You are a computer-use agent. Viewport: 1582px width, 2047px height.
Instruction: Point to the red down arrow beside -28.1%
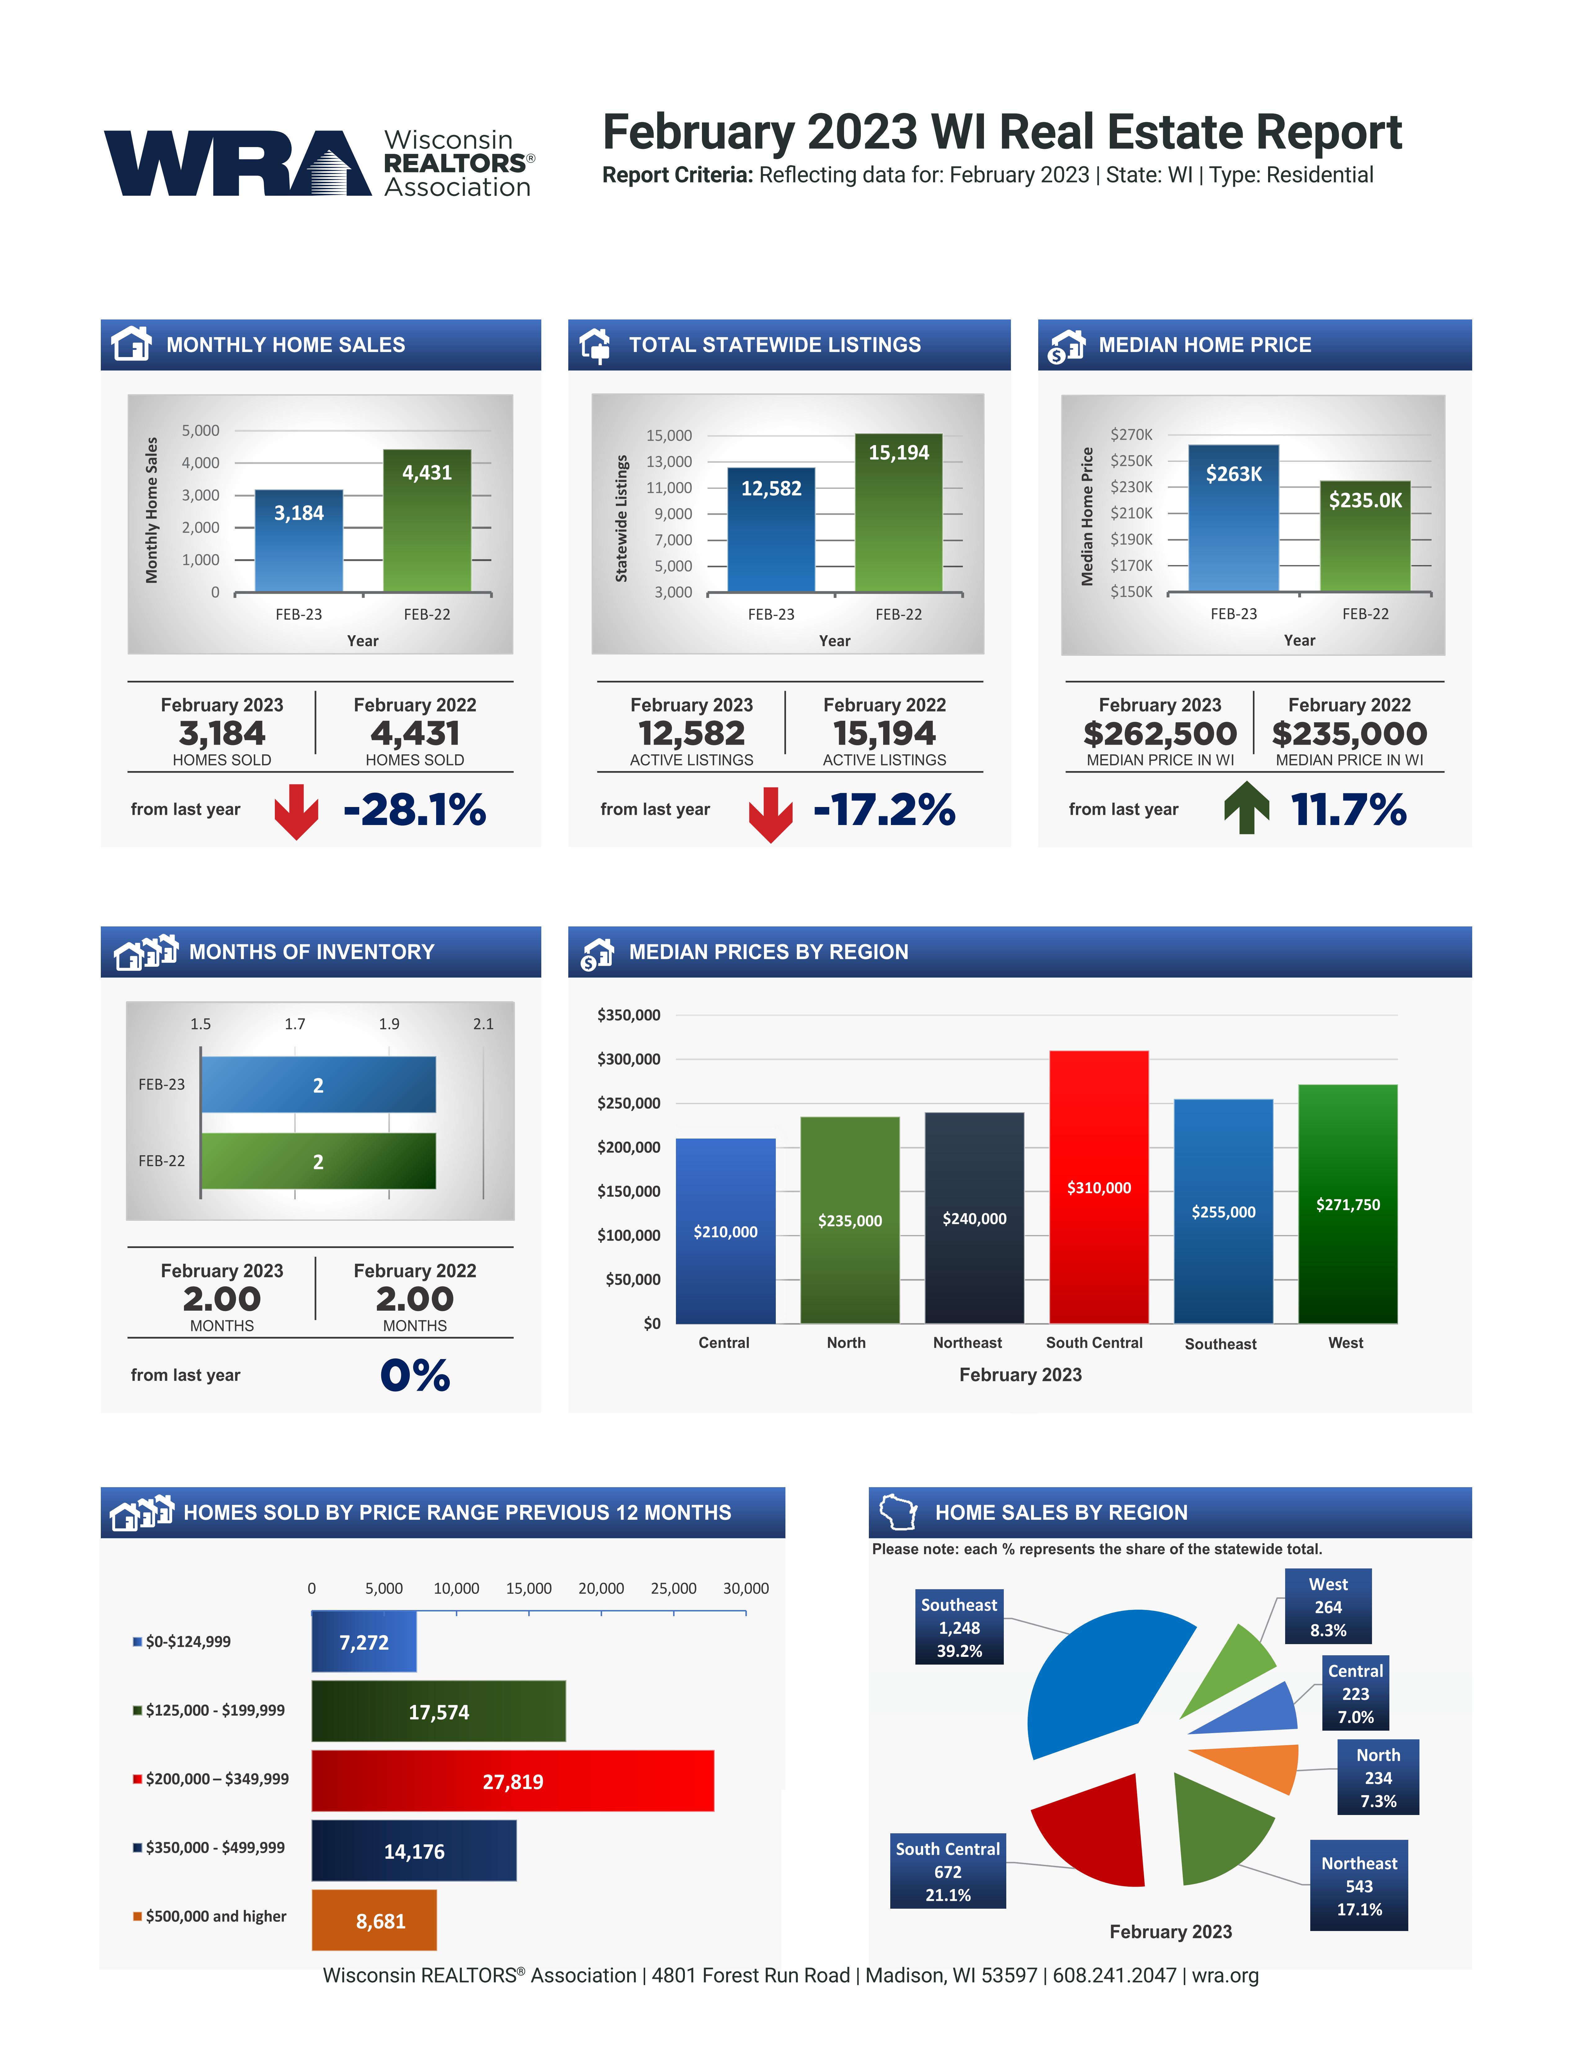[x=296, y=811]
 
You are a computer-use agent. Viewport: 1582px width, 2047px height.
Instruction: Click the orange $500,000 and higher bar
[x=374, y=1920]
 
